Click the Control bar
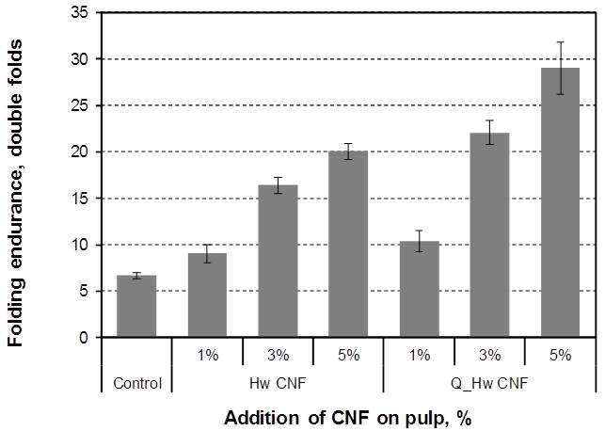click(x=136, y=307)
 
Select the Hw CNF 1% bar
click(x=207, y=295)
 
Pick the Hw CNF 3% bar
click(x=278, y=262)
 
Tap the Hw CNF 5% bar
click(x=348, y=245)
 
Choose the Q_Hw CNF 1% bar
click(x=420, y=290)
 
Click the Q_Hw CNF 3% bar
click(x=489, y=235)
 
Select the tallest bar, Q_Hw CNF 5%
click(x=560, y=202)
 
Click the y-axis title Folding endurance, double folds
click(x=16, y=193)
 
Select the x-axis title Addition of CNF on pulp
click(x=348, y=418)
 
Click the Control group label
click(x=137, y=384)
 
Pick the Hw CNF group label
click(x=278, y=384)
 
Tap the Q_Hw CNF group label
click(x=489, y=384)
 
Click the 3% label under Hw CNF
click(x=278, y=355)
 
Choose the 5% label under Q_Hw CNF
click(x=561, y=355)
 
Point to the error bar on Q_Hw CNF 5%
click(x=560, y=68)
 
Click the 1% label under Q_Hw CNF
click(x=420, y=355)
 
